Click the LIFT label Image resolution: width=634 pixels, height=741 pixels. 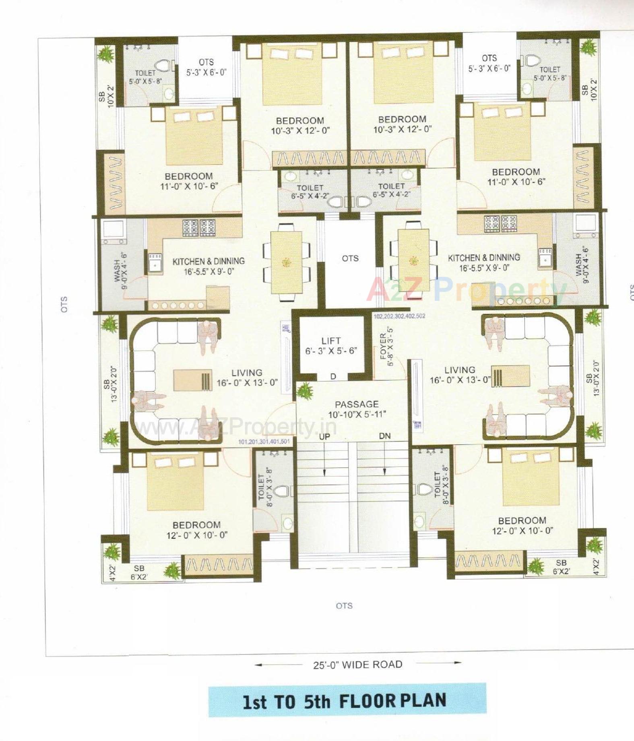[x=331, y=341]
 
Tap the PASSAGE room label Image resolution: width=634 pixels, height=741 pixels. [x=357, y=404]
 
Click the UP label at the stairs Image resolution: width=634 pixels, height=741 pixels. [x=324, y=437]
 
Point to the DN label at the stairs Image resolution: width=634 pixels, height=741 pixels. [x=385, y=436]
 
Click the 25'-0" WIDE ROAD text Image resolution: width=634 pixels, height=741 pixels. [x=358, y=665]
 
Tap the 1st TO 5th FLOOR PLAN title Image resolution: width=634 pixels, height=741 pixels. [x=345, y=701]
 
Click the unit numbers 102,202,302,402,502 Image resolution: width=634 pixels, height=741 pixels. [x=399, y=316]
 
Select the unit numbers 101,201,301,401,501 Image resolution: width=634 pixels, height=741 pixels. [x=264, y=442]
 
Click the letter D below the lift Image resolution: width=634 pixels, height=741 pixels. [x=333, y=377]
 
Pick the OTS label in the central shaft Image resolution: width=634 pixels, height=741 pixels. [x=350, y=258]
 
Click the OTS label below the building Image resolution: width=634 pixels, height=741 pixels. [x=344, y=606]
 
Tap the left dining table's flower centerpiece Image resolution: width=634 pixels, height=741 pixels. [x=286, y=262]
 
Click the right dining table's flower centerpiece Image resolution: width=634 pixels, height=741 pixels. [x=413, y=260]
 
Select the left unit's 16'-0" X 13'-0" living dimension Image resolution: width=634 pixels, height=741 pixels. [x=247, y=383]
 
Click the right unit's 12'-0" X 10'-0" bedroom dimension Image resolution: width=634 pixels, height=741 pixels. [x=522, y=531]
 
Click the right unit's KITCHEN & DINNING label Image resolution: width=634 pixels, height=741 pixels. [x=484, y=258]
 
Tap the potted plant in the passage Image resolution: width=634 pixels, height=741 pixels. [x=305, y=391]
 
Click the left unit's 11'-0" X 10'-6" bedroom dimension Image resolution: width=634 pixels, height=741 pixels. [x=189, y=186]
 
